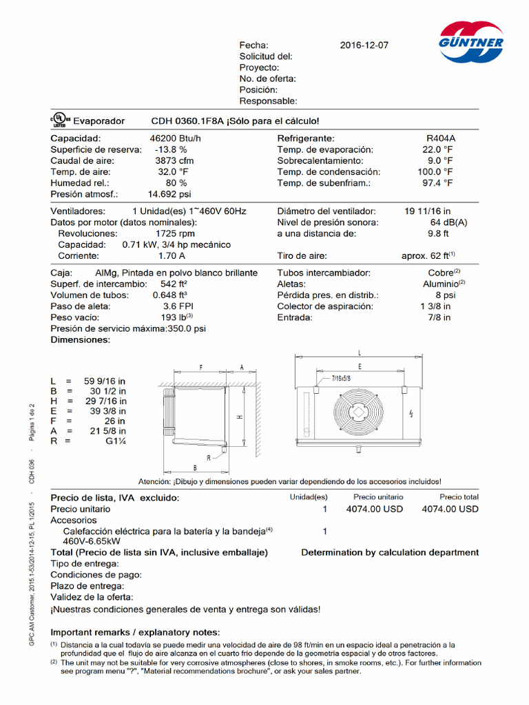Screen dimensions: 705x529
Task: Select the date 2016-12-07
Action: tap(364, 45)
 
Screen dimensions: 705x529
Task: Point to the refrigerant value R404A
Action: tap(441, 138)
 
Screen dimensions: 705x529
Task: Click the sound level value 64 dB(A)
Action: tap(449, 222)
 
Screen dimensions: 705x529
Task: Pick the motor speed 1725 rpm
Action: tap(176, 233)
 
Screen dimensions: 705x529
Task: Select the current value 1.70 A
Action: tap(172, 255)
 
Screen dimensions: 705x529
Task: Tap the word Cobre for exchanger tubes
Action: tap(439, 273)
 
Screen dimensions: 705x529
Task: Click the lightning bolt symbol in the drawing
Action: tap(411, 414)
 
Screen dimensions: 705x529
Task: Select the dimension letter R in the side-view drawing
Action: tap(208, 456)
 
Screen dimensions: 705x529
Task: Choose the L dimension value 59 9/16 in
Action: tap(105, 381)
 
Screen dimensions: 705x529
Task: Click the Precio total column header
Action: tap(459, 496)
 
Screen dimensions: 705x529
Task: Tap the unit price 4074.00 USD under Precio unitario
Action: tap(373, 509)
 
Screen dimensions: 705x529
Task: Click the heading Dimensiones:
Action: tap(80, 339)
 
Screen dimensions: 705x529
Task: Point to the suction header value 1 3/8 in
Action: tap(436, 306)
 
